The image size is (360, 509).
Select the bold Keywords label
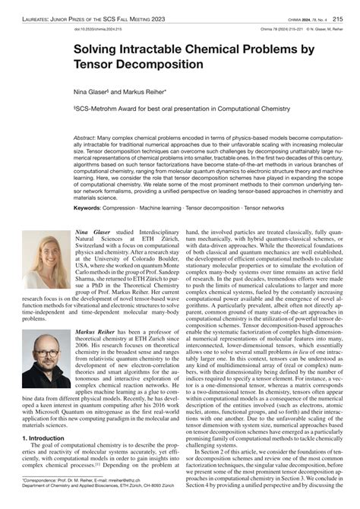tap(87, 207)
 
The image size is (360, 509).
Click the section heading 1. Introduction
tap(46, 438)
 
